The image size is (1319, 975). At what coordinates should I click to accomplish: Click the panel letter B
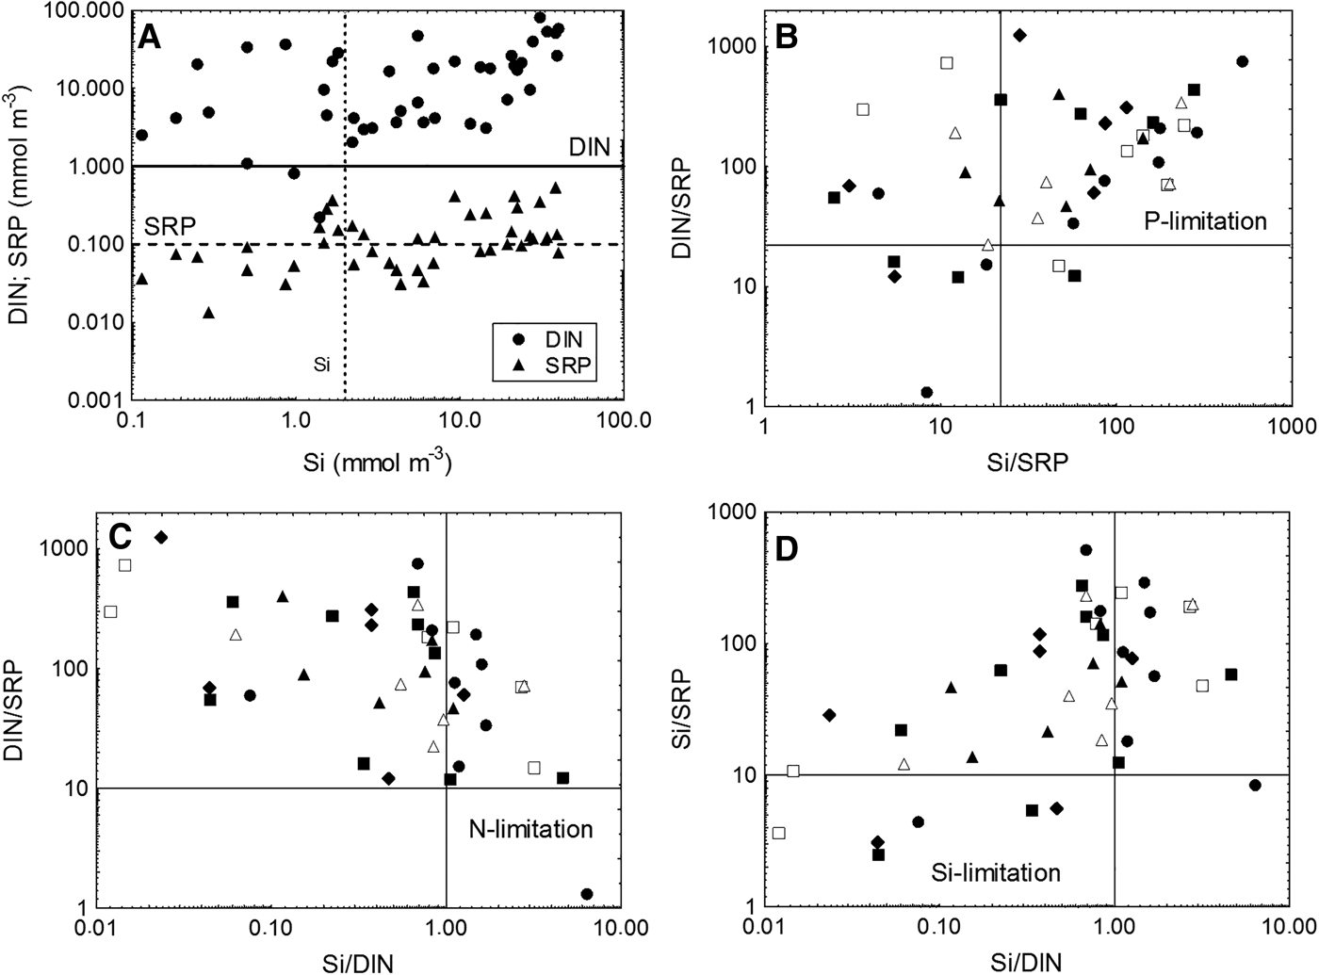786,37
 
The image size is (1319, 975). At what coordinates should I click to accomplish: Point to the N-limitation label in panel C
530,829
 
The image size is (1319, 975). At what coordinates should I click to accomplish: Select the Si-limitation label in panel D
996,872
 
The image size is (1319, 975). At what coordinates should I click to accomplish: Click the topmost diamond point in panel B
1019,35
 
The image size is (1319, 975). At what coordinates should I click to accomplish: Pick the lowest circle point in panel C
587,893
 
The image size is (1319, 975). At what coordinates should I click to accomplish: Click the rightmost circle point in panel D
1254,785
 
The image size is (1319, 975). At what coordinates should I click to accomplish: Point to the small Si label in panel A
321,364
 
